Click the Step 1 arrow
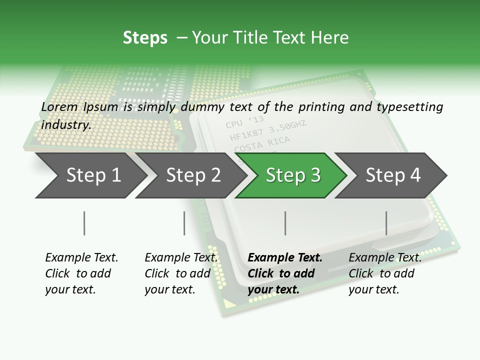coord(93,175)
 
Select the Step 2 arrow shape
coord(193,175)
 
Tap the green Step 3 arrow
coord(293,175)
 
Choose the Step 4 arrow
coord(393,175)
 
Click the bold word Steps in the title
coord(145,37)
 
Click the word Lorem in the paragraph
coord(59,106)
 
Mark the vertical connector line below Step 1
coord(84,223)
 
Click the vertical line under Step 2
coord(184,223)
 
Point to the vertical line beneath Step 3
coord(285,223)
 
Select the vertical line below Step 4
coord(386,223)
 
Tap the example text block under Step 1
coord(81,273)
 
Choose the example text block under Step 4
coord(385,273)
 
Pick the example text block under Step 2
coord(181,273)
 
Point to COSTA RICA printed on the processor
coord(262,144)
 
